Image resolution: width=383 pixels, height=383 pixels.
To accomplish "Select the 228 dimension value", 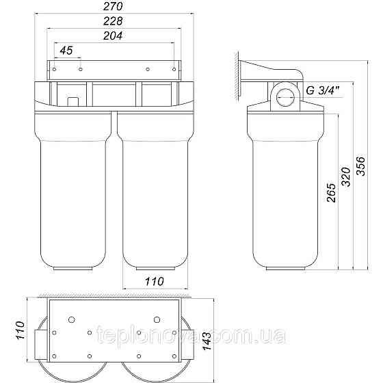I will [114, 23].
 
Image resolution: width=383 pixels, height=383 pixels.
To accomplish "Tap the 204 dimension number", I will [114, 36].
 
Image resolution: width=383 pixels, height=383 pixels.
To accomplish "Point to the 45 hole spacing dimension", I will [66, 51].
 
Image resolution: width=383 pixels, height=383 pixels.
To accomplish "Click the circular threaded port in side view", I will [287, 97].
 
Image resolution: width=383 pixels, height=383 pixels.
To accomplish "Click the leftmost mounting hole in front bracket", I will [57, 69].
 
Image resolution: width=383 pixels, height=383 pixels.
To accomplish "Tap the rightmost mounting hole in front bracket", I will [174, 69].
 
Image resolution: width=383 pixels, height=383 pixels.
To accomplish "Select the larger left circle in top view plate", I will [71, 319].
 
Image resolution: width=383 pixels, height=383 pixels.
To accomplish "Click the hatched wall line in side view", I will [237, 75].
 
